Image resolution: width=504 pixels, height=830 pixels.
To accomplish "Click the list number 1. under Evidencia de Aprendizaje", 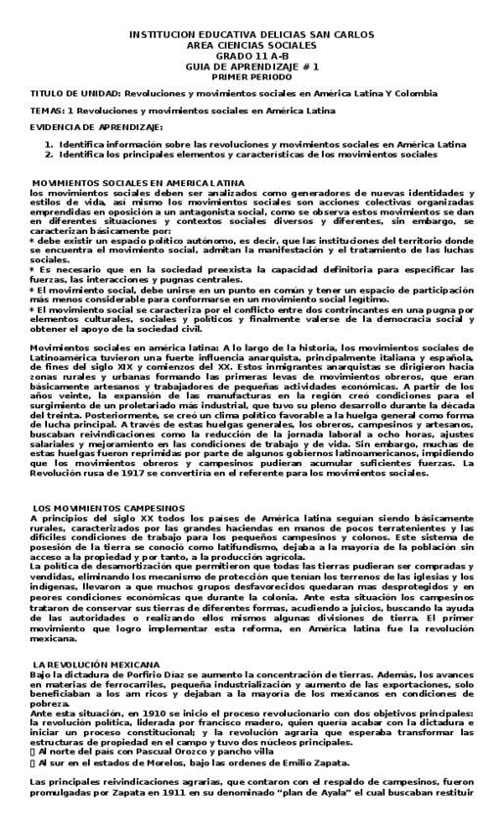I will pyautogui.click(x=49, y=144).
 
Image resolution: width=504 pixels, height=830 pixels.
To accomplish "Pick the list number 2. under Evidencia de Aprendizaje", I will pyautogui.click(x=49, y=154).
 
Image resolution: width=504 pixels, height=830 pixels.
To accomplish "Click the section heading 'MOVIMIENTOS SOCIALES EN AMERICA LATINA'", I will pyautogui.click(x=139, y=183).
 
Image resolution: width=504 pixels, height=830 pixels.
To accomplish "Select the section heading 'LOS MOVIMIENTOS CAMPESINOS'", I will pyautogui.click(x=108, y=508).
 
